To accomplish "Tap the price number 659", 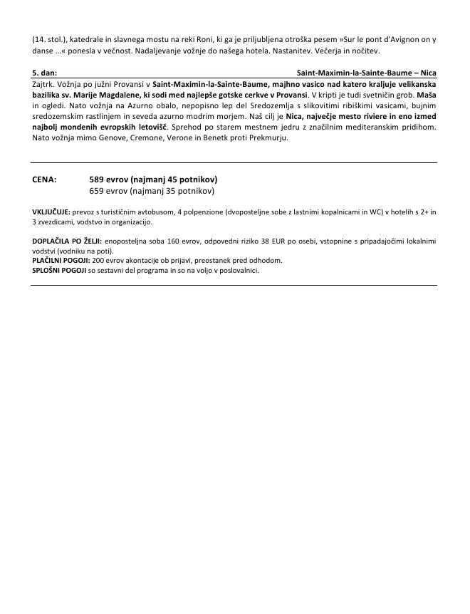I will [x=98, y=191].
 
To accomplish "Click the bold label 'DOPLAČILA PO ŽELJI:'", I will [x=67, y=241].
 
